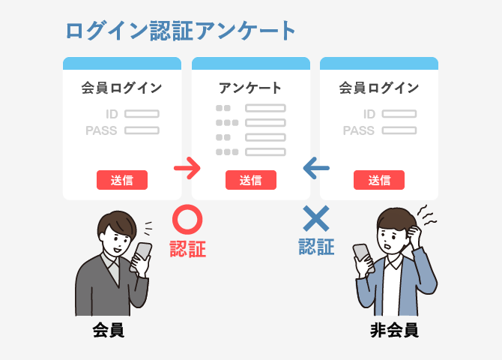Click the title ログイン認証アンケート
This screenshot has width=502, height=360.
coord(181,31)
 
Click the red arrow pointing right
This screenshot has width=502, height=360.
coord(187,167)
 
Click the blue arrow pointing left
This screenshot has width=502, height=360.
coord(315,167)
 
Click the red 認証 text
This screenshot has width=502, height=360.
coord(187,249)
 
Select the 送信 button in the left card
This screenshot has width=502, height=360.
coord(122,180)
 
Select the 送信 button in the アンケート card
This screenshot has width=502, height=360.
coord(251,180)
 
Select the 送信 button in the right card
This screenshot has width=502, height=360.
coord(379,180)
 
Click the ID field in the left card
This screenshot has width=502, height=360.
coord(142,114)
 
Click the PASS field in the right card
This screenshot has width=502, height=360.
coord(398,130)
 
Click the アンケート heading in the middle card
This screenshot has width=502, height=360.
coord(250,88)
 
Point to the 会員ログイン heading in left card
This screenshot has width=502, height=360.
coord(121,88)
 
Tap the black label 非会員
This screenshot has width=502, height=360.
coord(393,330)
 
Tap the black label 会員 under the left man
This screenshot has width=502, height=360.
coord(109,330)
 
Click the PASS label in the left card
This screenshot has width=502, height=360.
coord(103,130)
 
